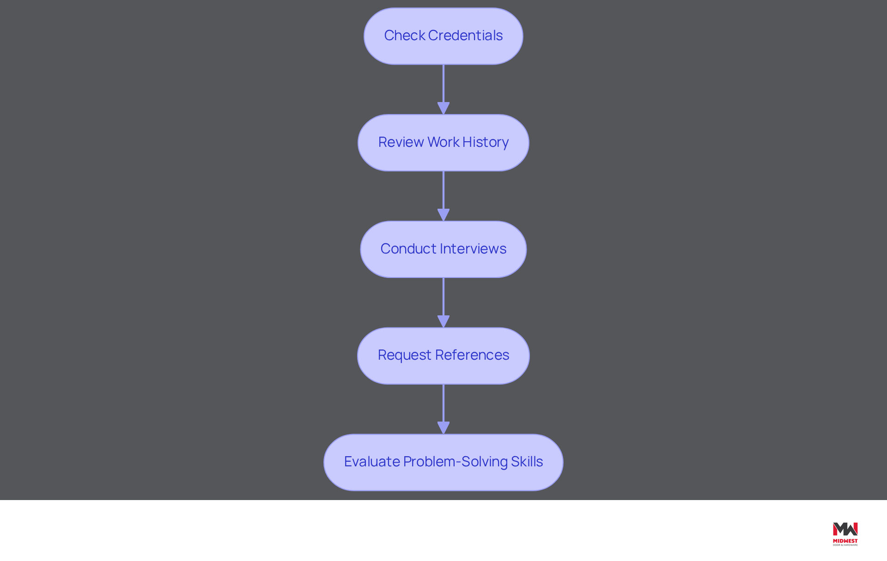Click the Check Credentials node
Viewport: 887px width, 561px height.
(x=443, y=36)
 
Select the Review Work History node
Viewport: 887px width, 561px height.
(x=443, y=143)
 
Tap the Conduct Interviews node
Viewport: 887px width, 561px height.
(x=443, y=249)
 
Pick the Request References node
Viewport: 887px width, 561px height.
(x=443, y=356)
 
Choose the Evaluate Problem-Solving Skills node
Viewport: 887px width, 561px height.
(x=443, y=462)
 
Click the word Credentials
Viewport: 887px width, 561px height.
(x=465, y=36)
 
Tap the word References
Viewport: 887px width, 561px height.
(x=472, y=355)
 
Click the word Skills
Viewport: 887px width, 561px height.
(x=527, y=462)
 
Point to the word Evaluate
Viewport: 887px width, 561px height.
(x=372, y=462)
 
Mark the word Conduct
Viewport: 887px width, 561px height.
(x=408, y=249)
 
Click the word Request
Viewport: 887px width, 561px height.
(x=405, y=356)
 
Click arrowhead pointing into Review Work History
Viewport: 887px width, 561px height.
(x=443, y=109)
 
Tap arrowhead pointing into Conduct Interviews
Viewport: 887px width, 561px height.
(x=443, y=215)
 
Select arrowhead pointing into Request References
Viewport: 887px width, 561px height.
(x=443, y=322)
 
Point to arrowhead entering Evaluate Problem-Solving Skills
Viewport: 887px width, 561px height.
(x=443, y=428)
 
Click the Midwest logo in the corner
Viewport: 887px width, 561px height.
(x=845, y=534)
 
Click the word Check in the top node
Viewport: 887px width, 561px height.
(x=405, y=36)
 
